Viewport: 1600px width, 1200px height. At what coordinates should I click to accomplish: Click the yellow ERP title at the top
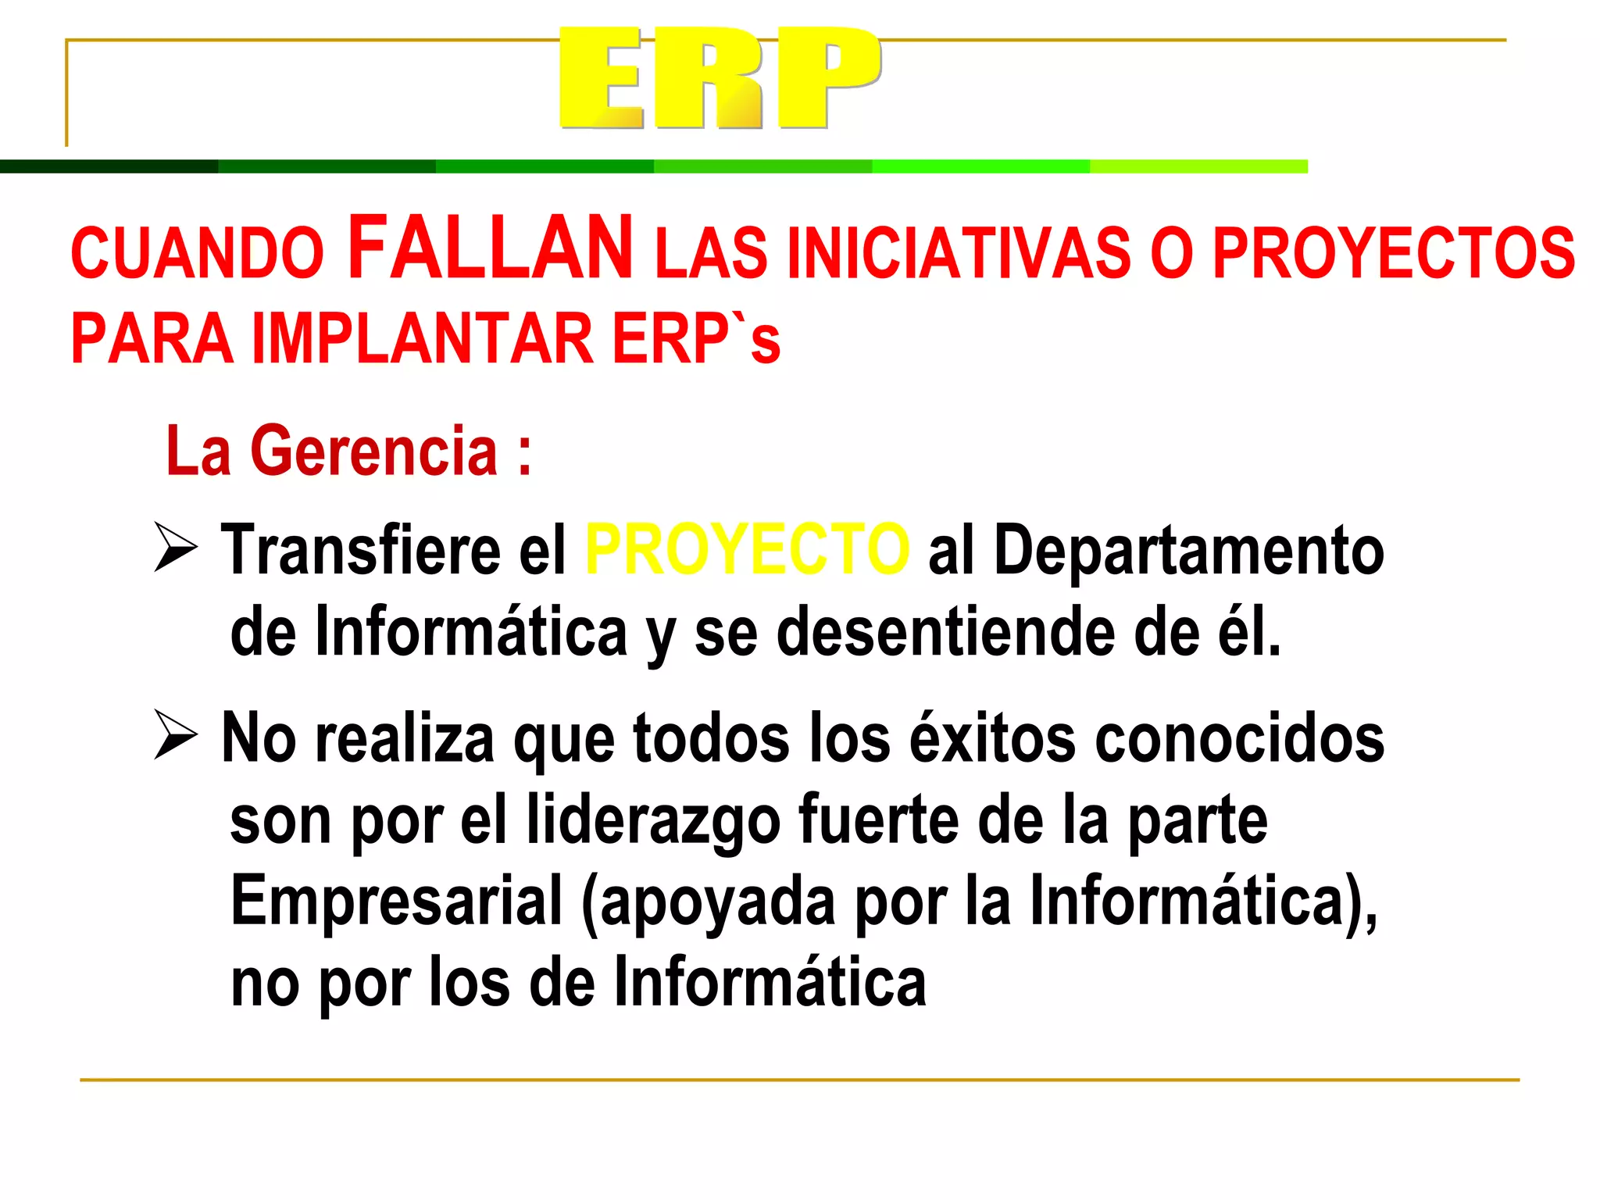coord(720,78)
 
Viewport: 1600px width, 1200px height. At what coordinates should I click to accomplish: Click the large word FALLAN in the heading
coord(490,248)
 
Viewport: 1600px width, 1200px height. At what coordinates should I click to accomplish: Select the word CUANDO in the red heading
coord(197,253)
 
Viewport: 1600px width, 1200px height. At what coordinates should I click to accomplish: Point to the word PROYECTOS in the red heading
coord(1393,253)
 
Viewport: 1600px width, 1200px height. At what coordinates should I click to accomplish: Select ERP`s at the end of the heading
coord(696,339)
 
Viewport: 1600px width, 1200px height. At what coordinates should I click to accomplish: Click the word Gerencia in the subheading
coord(373,451)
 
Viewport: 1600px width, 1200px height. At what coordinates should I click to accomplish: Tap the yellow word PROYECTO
coord(748,550)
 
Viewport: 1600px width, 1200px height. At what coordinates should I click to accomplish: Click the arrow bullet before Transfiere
coord(175,547)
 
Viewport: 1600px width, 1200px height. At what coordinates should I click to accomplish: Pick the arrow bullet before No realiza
coord(175,734)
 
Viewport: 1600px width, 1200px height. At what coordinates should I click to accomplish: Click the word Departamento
coord(1188,550)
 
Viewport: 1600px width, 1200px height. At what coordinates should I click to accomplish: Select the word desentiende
coord(945,632)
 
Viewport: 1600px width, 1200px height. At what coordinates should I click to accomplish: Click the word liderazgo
coord(653,820)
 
